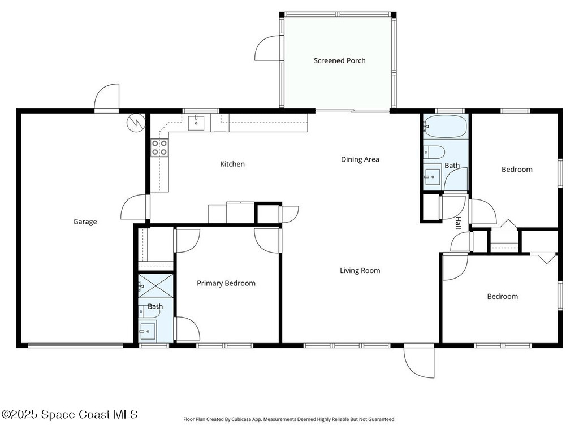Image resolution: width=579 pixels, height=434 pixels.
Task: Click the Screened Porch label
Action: pos(339,61)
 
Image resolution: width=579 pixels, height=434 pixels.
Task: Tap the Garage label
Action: pos(85,222)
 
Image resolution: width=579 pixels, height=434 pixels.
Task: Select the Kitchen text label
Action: pos(232,164)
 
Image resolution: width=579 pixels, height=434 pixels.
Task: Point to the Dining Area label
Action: pos(360,159)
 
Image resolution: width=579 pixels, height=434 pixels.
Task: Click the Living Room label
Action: pos(360,271)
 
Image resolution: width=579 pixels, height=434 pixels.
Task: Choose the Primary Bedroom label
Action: pos(226,283)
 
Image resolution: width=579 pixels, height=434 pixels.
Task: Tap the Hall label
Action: pos(458,223)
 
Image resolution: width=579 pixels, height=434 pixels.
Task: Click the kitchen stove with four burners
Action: pos(159,147)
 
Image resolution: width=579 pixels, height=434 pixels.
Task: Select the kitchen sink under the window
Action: pos(196,123)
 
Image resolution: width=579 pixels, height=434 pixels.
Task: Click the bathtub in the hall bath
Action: pos(446,126)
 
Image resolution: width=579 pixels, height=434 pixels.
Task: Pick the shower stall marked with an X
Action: pos(155,286)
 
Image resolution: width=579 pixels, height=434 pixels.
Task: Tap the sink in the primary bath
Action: pos(148,331)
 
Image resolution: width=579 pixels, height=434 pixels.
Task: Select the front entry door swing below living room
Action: pos(419,361)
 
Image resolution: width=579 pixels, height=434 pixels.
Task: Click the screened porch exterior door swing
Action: pos(268,48)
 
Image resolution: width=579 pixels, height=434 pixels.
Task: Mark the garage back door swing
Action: pos(107,97)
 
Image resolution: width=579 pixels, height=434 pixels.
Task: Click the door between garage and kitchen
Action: pos(135,207)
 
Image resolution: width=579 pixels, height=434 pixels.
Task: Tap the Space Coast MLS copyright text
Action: pos(70,414)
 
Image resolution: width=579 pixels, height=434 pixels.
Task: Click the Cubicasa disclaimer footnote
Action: pos(289,419)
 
